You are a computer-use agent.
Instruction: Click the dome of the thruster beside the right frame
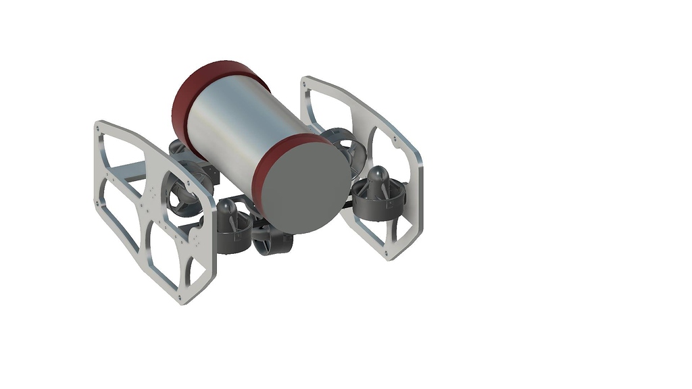click(x=378, y=179)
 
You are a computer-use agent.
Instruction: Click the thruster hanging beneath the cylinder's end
click(x=272, y=240)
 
